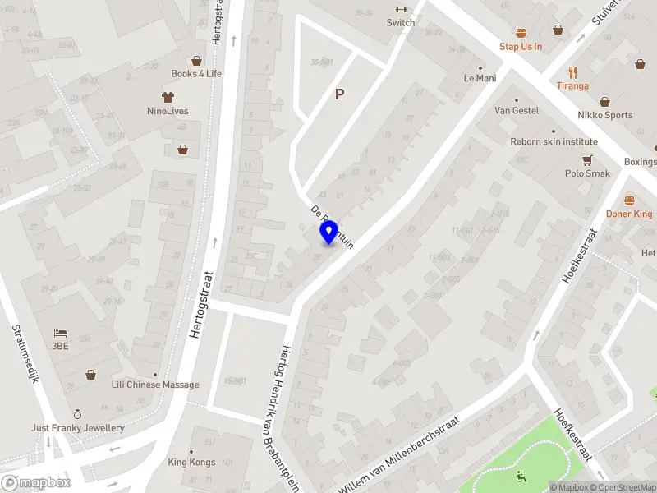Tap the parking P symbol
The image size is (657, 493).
[x=339, y=94]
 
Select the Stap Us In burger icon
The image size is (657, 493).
[x=521, y=33]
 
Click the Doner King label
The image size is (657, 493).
[x=629, y=214]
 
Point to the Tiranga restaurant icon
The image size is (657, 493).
[x=572, y=72]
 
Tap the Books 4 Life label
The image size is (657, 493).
[x=196, y=73]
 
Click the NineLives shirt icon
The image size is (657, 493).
[x=168, y=97]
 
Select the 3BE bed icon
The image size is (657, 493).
[x=59, y=333]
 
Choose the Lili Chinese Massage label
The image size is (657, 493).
[x=155, y=385]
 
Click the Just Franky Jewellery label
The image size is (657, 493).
[x=78, y=428]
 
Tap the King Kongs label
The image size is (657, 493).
[x=191, y=462]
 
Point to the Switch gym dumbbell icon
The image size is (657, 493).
[x=401, y=10]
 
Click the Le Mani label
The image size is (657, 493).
[x=480, y=78]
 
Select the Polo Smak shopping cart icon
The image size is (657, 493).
[x=588, y=160]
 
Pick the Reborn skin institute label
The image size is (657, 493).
[x=554, y=141]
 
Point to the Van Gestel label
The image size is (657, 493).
[x=517, y=110]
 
